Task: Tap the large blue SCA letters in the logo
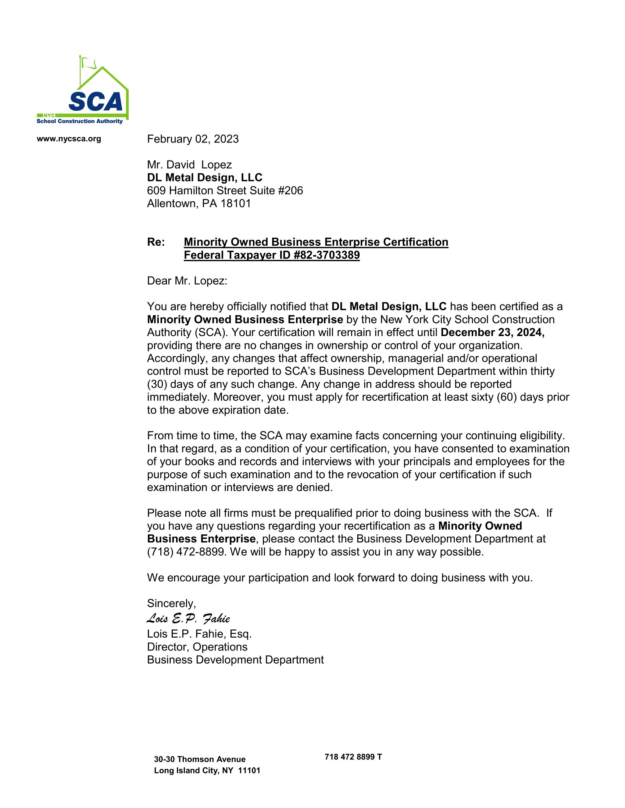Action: click(x=96, y=102)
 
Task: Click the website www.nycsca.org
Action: click(x=69, y=139)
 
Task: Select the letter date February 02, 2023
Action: click(x=193, y=139)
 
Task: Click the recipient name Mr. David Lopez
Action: click(x=189, y=165)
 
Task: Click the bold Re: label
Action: click(x=156, y=242)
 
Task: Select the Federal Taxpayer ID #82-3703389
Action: click(x=271, y=255)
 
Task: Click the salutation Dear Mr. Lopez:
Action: click(x=187, y=281)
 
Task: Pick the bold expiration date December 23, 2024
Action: click(x=492, y=332)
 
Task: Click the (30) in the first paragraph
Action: click(x=157, y=384)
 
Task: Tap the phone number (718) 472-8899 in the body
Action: click(x=186, y=552)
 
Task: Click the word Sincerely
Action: click(x=171, y=603)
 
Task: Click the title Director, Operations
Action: click(x=197, y=647)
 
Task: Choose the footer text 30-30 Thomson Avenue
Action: click(x=200, y=759)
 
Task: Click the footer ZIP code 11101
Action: click(x=249, y=771)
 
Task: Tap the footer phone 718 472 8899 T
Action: click(x=353, y=757)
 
